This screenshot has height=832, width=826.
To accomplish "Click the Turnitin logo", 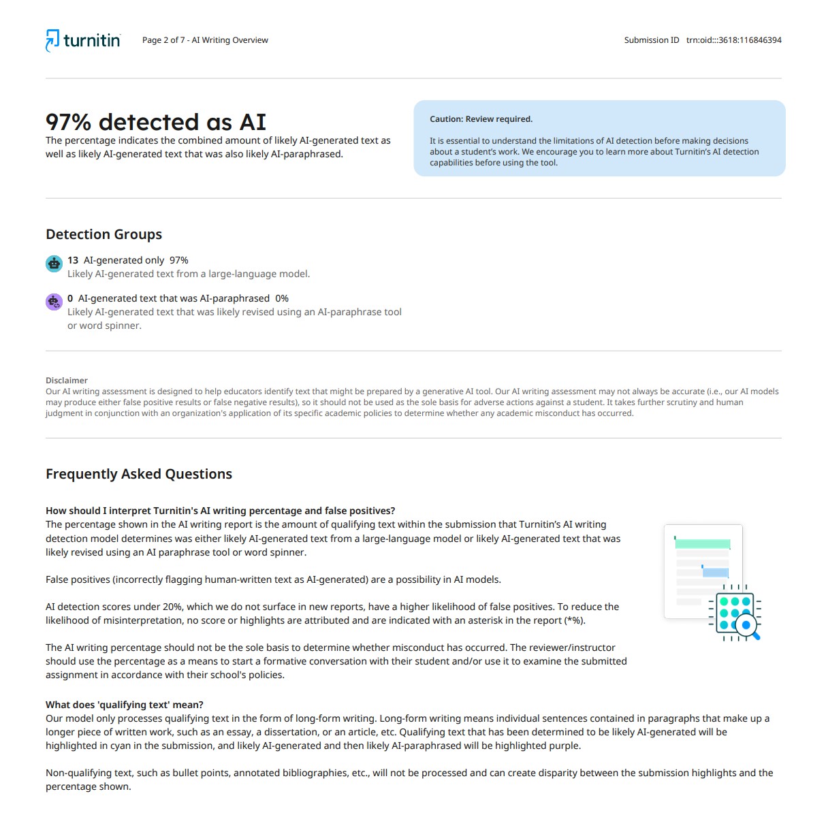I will coord(83,40).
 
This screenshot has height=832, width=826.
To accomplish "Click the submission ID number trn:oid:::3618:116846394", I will coord(733,40).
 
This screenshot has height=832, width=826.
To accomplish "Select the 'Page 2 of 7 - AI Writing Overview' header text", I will coord(205,40).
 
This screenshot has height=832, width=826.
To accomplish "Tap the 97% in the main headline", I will coord(68,123).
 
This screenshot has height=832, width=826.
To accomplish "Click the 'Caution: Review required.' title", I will coord(481,119).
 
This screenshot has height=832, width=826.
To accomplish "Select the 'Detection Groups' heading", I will coord(104,234).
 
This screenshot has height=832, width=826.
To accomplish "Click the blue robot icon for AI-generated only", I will coord(54,263).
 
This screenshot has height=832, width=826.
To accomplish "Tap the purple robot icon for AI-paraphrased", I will coord(54,302).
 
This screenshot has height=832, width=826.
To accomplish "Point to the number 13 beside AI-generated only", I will coord(73,260).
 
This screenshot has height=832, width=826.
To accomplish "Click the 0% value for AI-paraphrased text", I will coord(282,298).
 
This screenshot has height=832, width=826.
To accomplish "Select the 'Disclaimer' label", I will coord(67,381).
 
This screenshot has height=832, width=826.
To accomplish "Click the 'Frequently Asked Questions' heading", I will coord(139,474).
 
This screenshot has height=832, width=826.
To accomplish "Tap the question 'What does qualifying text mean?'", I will coord(125,705).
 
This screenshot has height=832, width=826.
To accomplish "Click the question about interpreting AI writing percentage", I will coord(220,511).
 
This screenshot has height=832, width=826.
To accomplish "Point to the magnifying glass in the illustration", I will coord(748,625).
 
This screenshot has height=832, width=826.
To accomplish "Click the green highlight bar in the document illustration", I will coord(702,544).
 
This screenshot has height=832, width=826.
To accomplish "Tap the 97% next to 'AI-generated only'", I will coord(179,260).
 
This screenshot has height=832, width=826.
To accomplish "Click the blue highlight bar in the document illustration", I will coord(716,573).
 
